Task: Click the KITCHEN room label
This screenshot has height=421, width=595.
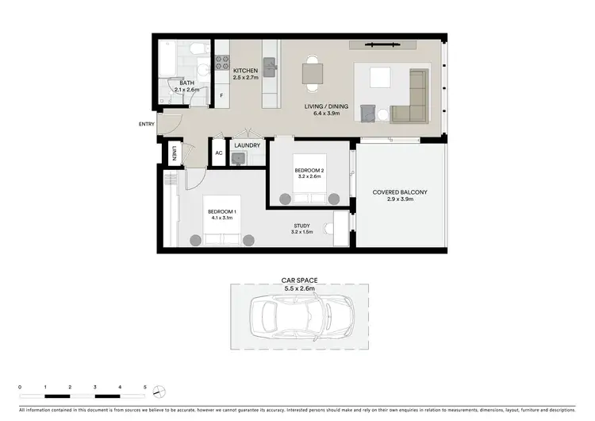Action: pos(246,71)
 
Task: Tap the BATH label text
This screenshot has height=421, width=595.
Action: pos(187,83)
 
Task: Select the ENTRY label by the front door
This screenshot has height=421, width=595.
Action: pos(147,124)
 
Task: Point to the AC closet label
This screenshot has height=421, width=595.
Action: pos(218,153)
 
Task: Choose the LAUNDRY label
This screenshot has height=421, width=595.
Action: pos(248,145)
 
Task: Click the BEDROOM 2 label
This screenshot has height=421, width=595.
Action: pos(309,171)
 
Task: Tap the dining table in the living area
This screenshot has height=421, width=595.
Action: pos(313,74)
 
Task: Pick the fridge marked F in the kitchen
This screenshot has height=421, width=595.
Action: pos(221,95)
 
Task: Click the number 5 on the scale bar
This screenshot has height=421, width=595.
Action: pos(145,385)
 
